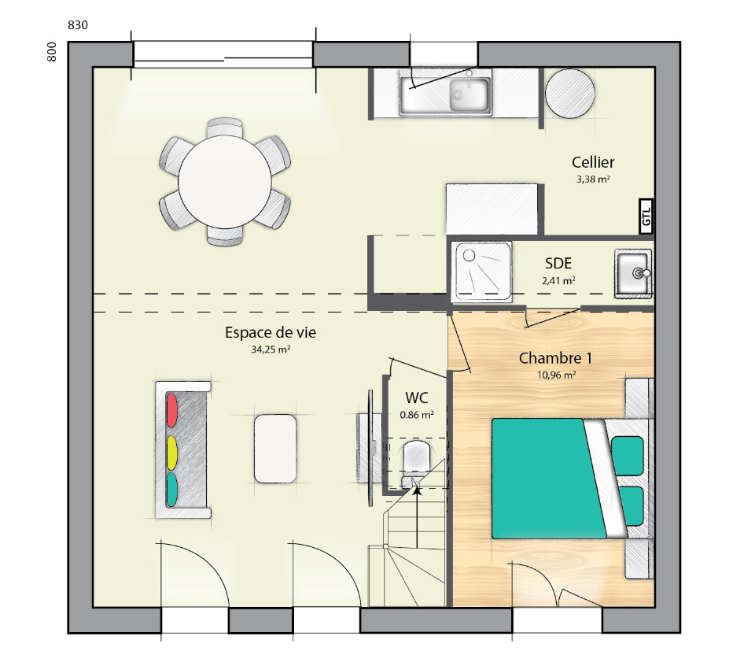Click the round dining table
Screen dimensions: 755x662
(225, 182)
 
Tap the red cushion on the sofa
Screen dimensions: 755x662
(171, 410)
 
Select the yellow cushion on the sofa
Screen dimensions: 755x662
(171, 453)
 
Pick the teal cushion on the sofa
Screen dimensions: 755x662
(171, 490)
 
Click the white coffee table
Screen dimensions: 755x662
(275, 449)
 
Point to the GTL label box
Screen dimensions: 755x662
(646, 216)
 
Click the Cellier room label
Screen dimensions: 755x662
(593, 162)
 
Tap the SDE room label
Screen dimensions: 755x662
(558, 264)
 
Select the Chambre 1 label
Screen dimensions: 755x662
(555, 358)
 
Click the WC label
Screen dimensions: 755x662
(417, 398)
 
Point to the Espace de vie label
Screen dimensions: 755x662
(270, 332)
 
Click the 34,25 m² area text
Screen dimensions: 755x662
(270, 349)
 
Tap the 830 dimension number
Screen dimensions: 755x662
(78, 25)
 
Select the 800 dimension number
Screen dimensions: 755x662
(52, 52)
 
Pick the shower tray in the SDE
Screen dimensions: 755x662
(481, 272)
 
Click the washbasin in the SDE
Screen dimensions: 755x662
(632, 273)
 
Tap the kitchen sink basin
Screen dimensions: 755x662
(469, 95)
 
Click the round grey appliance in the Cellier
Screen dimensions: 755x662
(569, 94)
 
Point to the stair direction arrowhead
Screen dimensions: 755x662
(417, 490)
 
